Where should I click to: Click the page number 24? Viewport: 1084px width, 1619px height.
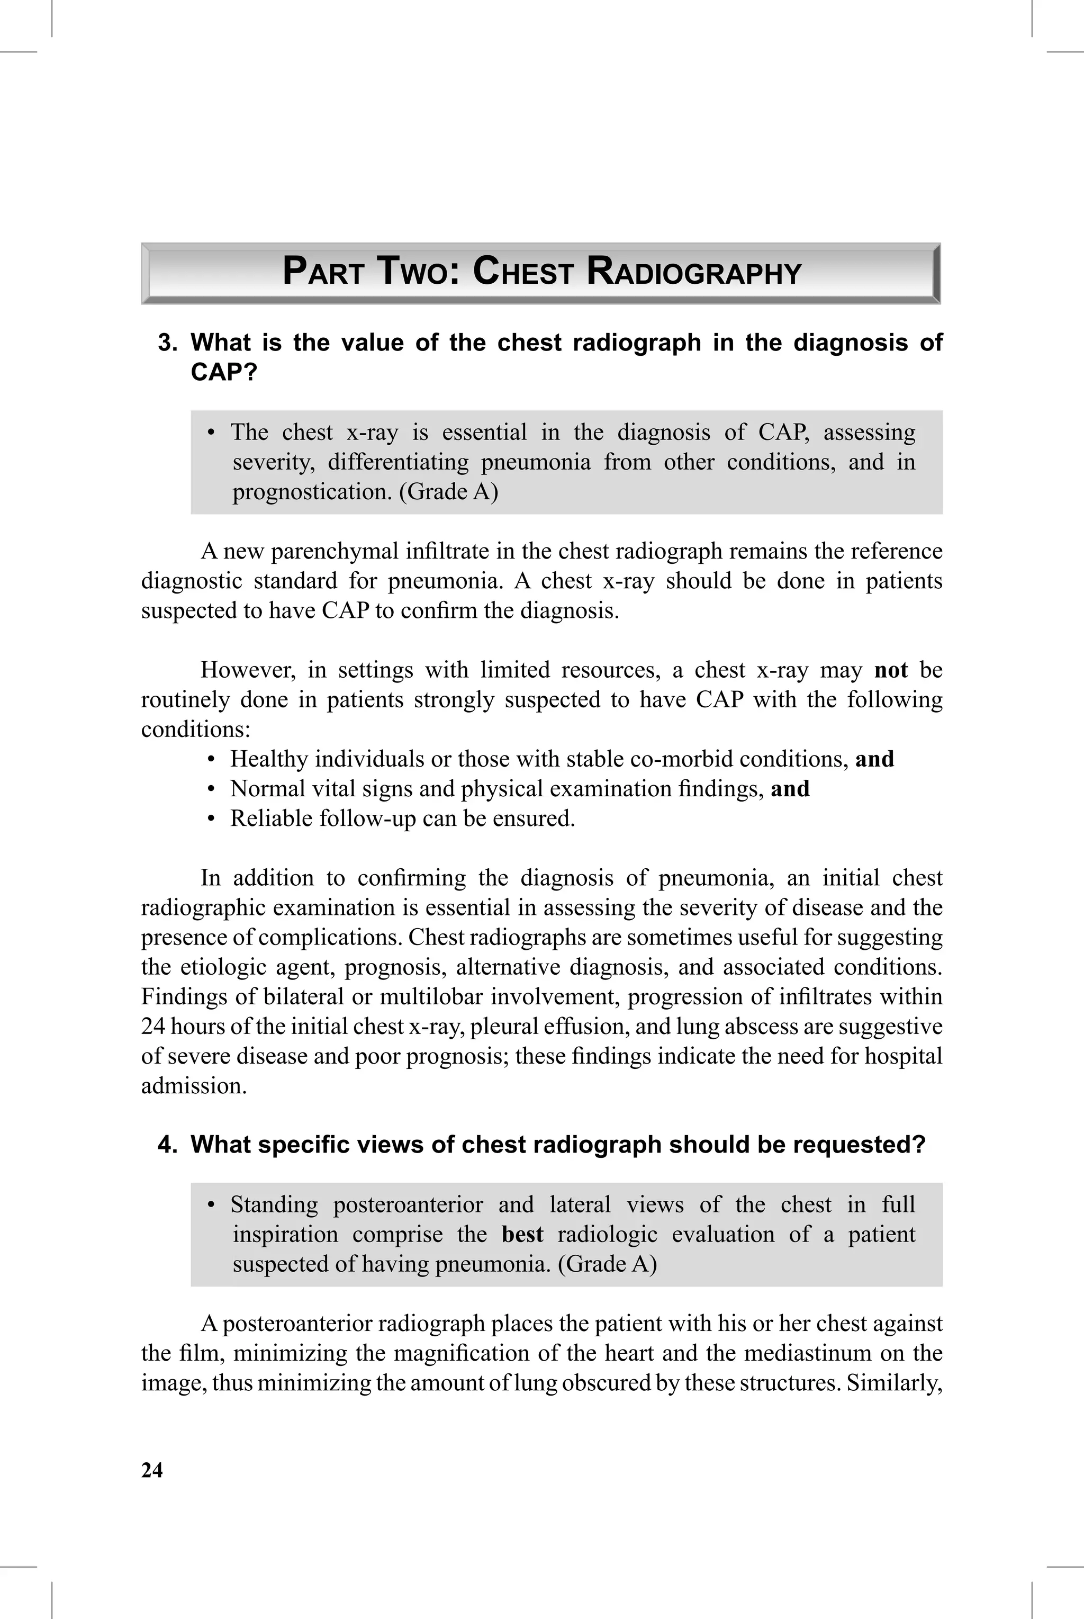pyautogui.click(x=152, y=1470)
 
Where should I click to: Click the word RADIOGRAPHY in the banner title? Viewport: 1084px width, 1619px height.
pyautogui.click(x=693, y=272)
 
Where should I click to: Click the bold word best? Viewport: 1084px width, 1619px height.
pyautogui.click(x=522, y=1234)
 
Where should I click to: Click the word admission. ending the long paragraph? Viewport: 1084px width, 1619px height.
pyautogui.click(x=194, y=1086)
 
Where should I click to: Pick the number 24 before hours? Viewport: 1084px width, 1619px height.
pyautogui.click(x=153, y=1027)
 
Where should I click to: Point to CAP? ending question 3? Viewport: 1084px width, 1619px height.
pyautogui.click(x=223, y=373)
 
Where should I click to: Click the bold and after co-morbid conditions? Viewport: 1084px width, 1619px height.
pyautogui.click(x=874, y=759)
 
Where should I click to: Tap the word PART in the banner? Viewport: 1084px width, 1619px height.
pyautogui.click(x=323, y=272)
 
